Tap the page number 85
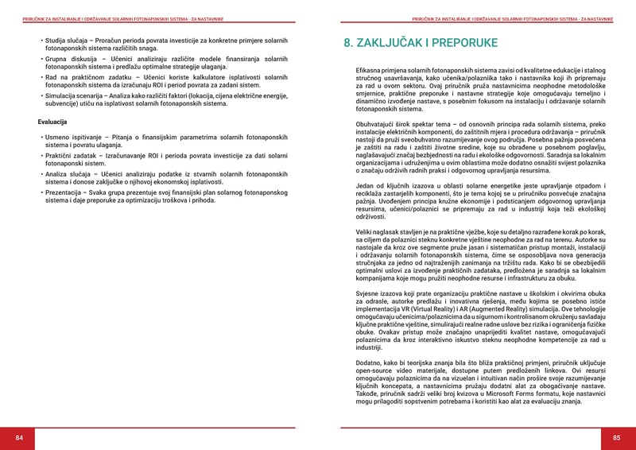coord(616,438)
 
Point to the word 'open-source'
coord(375,370)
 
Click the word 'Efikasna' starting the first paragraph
coord(370,71)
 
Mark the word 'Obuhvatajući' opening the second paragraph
coord(377,125)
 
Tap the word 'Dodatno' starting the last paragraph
coord(371,363)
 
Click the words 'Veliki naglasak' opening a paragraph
coord(382,232)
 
